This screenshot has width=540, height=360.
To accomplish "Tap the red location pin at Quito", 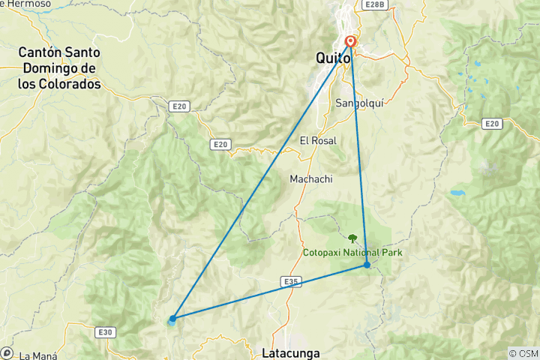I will pos(350,43).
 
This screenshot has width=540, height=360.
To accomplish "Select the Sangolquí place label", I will pos(361,103).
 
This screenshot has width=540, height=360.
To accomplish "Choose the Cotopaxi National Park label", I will pos(352,253).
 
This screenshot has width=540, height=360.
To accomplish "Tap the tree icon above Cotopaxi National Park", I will pos(352,239).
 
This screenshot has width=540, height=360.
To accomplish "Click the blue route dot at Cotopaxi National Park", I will pos(367,265).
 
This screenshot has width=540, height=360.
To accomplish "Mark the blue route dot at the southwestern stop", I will pos(173,318).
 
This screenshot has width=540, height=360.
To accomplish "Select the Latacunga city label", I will pos(292,352).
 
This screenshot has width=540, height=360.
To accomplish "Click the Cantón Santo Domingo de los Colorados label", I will pos(59,68).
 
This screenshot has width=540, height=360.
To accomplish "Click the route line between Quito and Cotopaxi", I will pos(358,154).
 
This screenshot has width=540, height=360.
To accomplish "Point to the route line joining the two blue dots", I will pos(270,292).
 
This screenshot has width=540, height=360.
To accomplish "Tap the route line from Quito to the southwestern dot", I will pos(262,180).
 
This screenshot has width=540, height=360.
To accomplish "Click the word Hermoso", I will pos(29,4).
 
